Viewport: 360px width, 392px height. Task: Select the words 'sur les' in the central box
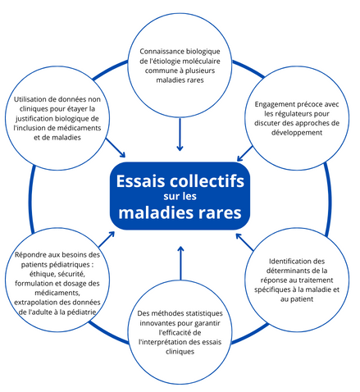pyautogui.click(x=180, y=196)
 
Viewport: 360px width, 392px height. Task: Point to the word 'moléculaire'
pyautogui.click(x=203, y=61)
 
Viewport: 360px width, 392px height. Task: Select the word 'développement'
pyautogui.click(x=297, y=133)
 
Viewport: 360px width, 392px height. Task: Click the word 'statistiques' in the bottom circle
pyautogui.click(x=204, y=313)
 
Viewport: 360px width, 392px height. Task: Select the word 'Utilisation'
pyautogui.click(x=30, y=99)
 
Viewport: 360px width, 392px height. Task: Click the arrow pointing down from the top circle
pyautogui.click(x=180, y=134)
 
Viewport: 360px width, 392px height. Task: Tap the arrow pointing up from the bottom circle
pyautogui.click(x=180, y=263)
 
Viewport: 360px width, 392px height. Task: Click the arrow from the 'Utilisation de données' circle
pyautogui.click(x=116, y=148)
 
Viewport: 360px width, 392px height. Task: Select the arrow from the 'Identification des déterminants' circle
pyautogui.click(x=244, y=242)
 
